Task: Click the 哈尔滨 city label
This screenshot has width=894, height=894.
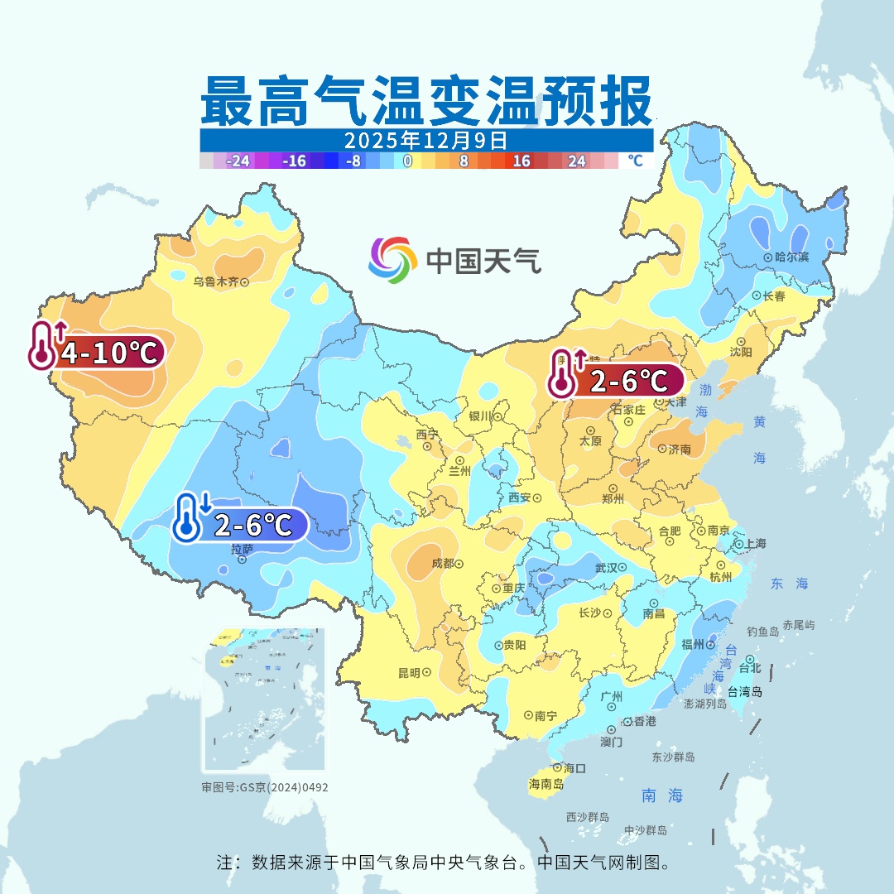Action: coord(792,257)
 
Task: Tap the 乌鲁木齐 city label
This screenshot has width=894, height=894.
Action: coord(215,281)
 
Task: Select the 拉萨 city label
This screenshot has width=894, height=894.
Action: coord(242,549)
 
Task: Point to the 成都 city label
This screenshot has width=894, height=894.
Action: coord(443,563)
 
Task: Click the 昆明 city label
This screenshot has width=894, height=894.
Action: coord(409,673)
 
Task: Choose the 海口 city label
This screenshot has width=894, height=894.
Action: coord(574,768)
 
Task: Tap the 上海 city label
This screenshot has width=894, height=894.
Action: coord(755,543)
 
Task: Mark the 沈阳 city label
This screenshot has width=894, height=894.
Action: coord(741,352)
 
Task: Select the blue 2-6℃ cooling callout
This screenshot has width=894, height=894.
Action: coord(240,524)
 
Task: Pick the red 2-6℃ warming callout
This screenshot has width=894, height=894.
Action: coord(616,381)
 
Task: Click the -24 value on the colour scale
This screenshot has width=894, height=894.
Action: coord(238,161)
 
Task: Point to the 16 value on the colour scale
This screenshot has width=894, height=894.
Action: coord(521,161)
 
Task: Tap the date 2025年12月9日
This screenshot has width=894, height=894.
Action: coord(426,140)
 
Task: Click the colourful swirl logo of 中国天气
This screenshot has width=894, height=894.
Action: coord(392,260)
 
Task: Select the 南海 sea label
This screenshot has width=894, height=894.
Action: coord(662,795)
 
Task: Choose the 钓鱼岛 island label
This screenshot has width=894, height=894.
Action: coord(762,632)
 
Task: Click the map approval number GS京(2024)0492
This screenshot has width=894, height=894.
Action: coord(265,787)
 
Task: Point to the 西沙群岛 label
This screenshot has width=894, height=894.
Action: coord(588,817)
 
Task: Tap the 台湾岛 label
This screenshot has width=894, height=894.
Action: coord(745,692)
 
